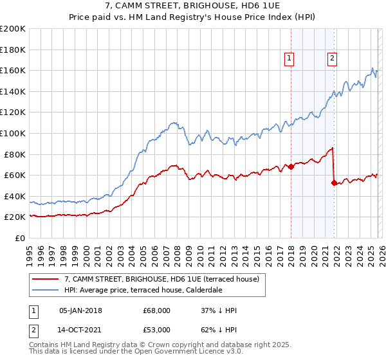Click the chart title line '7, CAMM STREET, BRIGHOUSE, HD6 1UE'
coord(193,6)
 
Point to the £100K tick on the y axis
coord(13,133)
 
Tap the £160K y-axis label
coord(13,70)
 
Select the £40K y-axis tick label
coord(14,196)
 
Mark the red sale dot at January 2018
coord(291,166)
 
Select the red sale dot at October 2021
coord(334,183)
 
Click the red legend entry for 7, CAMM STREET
coord(161,279)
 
